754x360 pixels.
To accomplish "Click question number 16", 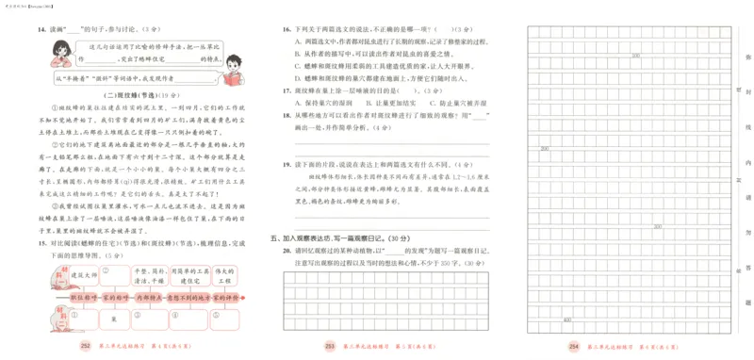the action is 287,30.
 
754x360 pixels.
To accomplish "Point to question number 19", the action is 287,164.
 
